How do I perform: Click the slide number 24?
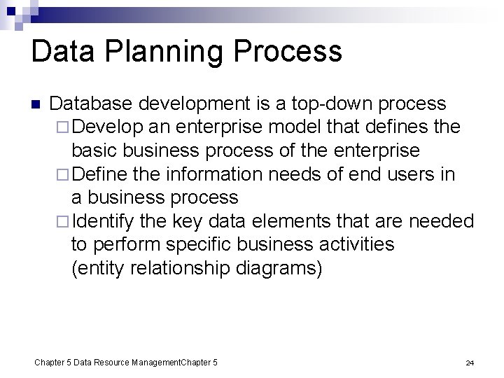coord(470,363)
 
